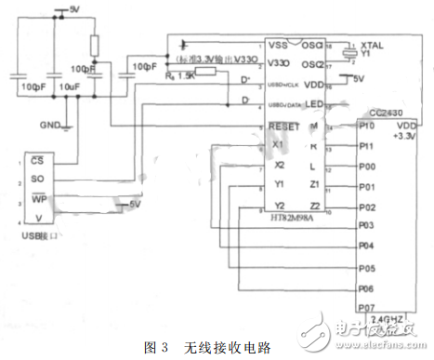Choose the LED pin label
click(315, 103)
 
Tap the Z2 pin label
click(315, 204)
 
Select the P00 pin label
click(368, 167)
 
